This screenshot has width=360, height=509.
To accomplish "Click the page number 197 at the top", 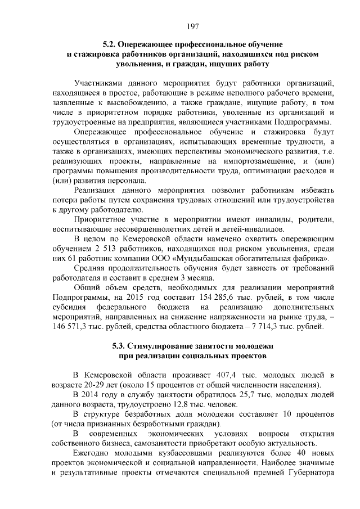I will (191, 26).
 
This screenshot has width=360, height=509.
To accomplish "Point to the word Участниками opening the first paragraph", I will (99, 82).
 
